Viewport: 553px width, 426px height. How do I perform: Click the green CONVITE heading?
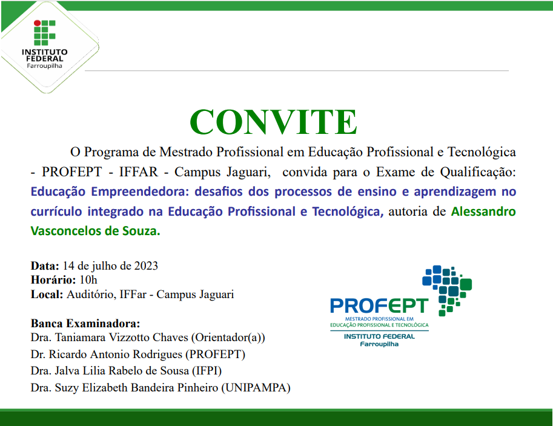tap(273, 122)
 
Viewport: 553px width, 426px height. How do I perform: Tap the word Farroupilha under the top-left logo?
tap(44, 65)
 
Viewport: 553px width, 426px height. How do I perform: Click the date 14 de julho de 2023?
tap(110, 266)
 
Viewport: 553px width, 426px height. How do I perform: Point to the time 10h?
tap(88, 280)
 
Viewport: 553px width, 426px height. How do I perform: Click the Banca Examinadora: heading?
tap(85, 322)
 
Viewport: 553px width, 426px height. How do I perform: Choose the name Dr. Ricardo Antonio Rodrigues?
tap(106, 354)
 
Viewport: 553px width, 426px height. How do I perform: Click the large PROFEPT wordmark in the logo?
tap(379, 305)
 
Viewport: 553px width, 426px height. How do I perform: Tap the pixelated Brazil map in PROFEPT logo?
tap(447, 289)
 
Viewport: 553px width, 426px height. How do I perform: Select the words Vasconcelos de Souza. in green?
tap(95, 231)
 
